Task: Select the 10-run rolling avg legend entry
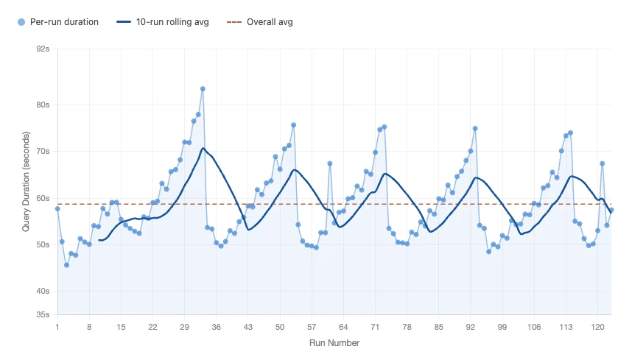coord(163,22)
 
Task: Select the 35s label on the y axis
coord(43,315)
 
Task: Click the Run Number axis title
coord(334,342)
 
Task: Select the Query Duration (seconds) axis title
coord(26,182)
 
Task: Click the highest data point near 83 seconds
coord(203,89)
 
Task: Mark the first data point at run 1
coord(57,209)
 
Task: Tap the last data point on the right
coord(611,211)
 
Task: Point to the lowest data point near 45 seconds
coord(66,265)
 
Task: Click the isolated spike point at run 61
coord(330,163)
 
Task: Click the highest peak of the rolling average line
coord(203,149)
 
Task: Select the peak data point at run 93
coord(475,128)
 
